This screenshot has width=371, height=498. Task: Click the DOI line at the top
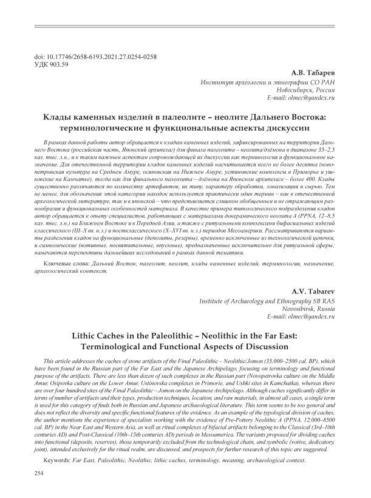[97, 57]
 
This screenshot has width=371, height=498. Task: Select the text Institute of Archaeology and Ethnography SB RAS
[268, 301]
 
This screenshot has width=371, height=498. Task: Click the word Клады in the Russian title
[70, 117]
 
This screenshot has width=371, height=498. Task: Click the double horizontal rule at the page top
[185, 25]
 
